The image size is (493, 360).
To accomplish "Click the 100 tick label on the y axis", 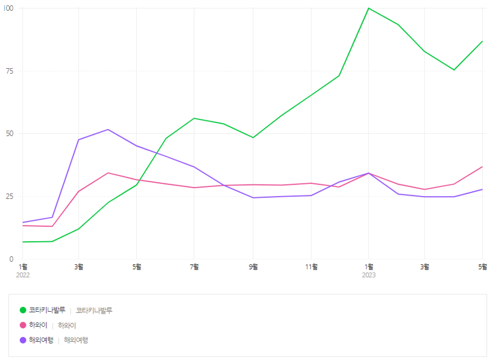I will (x=8, y=8).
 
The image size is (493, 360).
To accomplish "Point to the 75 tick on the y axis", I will (x=9, y=71).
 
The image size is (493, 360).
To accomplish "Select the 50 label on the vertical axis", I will (x=9, y=134).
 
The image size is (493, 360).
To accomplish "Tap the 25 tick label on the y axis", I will (x=9, y=197).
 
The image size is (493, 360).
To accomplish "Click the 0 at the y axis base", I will (x=11, y=259).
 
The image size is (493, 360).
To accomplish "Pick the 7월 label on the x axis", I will (x=194, y=267).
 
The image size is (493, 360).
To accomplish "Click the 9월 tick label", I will (x=253, y=267).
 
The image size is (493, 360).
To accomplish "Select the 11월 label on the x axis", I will (x=311, y=267).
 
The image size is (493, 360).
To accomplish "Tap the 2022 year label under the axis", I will (x=23, y=275).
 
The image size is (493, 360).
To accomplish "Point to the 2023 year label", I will (x=369, y=275).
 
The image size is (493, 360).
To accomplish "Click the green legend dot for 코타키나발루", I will (x=23, y=311).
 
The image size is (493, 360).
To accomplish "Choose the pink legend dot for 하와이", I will (x=23, y=326).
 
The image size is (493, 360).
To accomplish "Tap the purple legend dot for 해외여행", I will (x=23, y=340).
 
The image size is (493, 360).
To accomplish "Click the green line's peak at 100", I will (x=369, y=8).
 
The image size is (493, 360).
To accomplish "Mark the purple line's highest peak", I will (x=108, y=130).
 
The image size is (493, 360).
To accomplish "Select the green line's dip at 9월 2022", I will (x=253, y=137).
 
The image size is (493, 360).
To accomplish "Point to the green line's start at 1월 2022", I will (x=23, y=242).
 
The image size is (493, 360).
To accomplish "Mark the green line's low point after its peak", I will (x=454, y=70).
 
